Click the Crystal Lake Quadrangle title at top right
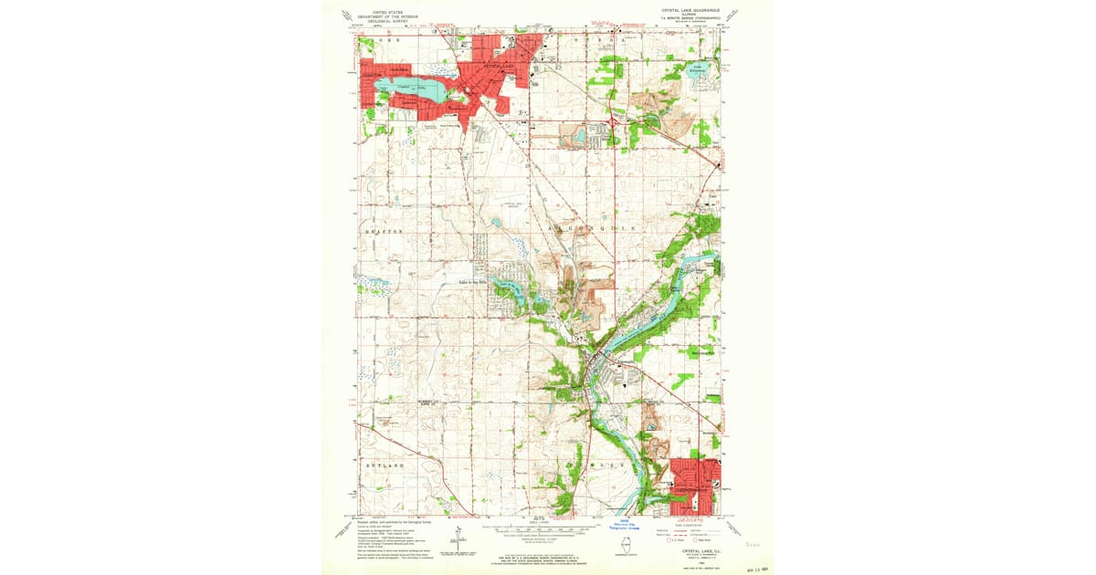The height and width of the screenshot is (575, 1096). [692, 12]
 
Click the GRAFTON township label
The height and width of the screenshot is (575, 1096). [384, 232]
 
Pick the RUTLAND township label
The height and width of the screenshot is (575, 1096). [384, 465]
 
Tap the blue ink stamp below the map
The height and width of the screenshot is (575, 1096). [624, 525]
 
